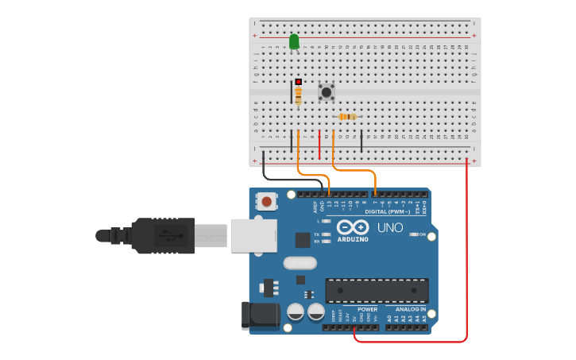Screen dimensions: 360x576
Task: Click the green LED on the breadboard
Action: click(294, 41)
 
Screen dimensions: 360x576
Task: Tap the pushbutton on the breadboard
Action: click(326, 91)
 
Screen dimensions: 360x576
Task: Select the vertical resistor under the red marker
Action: click(298, 95)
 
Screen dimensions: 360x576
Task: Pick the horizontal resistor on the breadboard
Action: click(347, 117)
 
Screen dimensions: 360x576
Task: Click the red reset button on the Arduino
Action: click(266, 202)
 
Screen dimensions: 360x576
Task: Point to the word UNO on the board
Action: click(389, 227)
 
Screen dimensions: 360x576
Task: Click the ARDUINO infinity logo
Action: click(353, 227)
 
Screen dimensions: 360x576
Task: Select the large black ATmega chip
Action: click(377, 290)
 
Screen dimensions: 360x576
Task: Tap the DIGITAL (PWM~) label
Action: click(388, 212)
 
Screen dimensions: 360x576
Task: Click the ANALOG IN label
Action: click(411, 309)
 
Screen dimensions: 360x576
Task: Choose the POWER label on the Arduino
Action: click(367, 309)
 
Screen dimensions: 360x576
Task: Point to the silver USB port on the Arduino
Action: click(253, 236)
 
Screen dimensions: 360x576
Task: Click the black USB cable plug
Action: click(163, 235)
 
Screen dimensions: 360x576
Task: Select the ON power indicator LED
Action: click(413, 234)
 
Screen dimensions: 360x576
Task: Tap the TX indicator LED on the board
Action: click(326, 234)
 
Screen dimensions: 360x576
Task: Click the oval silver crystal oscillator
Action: click(300, 263)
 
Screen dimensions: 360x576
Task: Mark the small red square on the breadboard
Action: click(298, 81)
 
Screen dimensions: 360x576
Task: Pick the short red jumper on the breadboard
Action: click(319, 145)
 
